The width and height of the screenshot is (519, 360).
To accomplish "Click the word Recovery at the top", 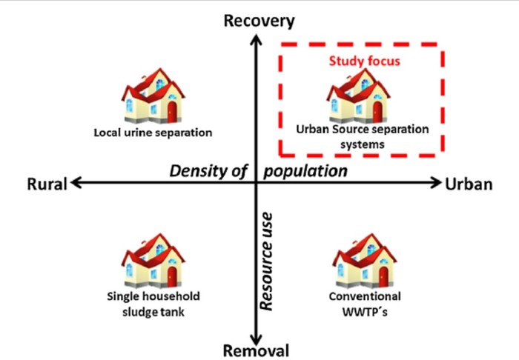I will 259,21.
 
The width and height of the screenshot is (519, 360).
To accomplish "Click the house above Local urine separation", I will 153,97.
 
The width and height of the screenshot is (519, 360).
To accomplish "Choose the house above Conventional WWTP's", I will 363,260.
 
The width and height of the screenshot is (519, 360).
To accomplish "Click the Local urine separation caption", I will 153,133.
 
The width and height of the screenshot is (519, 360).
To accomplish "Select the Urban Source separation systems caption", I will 363,136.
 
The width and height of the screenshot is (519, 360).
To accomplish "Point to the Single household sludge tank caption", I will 153,304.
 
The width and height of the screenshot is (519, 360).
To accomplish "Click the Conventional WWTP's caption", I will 363,304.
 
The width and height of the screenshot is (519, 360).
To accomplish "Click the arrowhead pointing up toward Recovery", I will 256,37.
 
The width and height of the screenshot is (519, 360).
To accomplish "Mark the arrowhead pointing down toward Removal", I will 256,335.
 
